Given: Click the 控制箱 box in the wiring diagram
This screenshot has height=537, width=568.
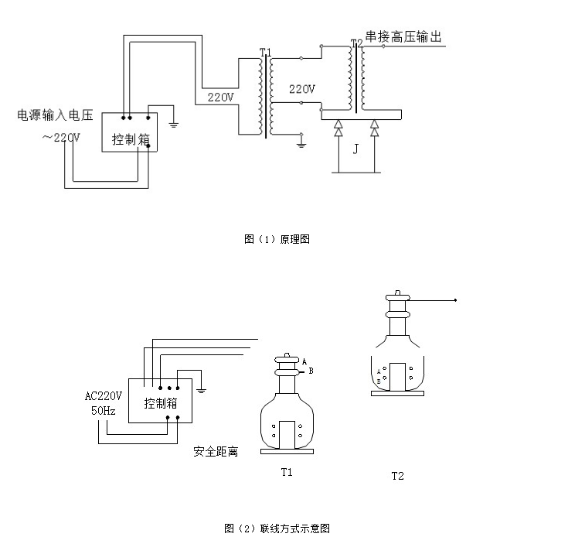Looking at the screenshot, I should [161, 401].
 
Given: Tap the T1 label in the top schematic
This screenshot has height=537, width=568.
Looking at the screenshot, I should [264, 52].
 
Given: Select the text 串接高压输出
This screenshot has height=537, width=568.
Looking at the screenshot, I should [403, 36].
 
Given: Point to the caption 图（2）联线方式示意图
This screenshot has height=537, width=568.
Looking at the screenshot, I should [277, 528].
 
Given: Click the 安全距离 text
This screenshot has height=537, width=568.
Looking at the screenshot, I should [216, 451].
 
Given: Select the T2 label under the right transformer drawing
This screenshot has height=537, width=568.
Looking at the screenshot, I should [397, 475].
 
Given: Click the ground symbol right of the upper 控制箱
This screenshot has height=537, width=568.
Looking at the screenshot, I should [174, 121].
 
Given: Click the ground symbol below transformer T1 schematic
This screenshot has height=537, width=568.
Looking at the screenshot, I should [302, 142].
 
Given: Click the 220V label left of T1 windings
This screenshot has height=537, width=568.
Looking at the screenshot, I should [220, 97].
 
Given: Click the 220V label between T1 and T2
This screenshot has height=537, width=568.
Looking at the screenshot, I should [301, 89].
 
